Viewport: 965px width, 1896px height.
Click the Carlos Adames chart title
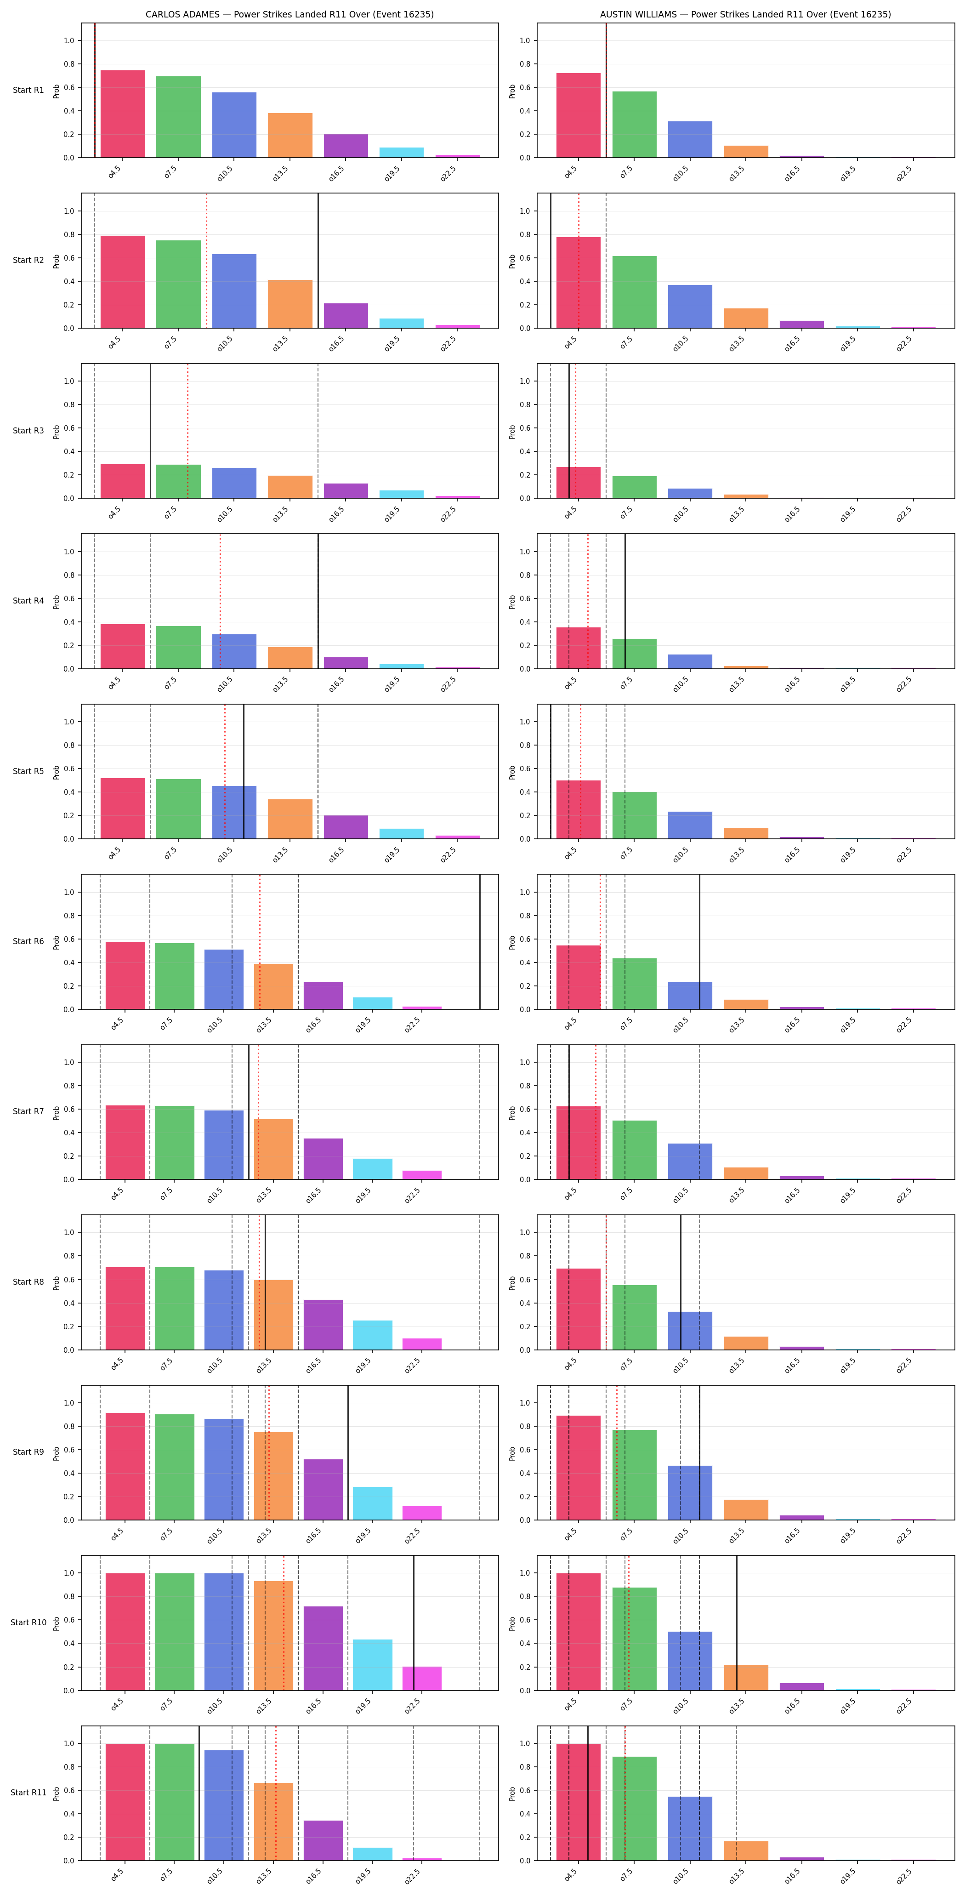click(x=289, y=14)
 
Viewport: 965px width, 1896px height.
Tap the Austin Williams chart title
click(x=745, y=14)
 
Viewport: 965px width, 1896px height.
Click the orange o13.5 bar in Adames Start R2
click(x=290, y=304)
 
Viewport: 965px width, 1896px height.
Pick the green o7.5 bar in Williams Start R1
click(x=635, y=125)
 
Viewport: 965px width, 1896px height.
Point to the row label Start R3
click(x=28, y=431)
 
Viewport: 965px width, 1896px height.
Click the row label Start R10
click(x=28, y=1622)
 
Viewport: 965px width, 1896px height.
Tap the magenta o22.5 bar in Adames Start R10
click(x=422, y=1678)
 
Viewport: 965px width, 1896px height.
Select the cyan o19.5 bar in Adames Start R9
click(x=373, y=1503)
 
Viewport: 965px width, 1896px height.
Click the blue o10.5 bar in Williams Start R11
click(x=691, y=1828)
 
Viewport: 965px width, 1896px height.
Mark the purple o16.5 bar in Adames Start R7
click(x=323, y=1158)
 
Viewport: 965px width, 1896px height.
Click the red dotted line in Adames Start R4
click(x=220, y=601)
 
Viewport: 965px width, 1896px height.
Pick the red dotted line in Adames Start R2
click(x=206, y=261)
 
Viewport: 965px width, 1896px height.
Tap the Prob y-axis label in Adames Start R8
click(x=57, y=1282)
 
